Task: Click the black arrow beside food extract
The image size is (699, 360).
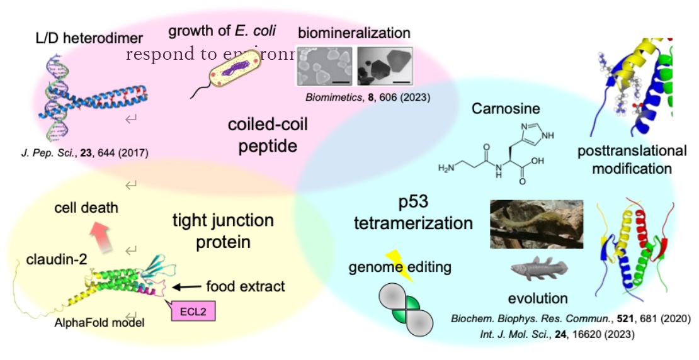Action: [185, 287]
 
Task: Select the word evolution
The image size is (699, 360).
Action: [538, 298]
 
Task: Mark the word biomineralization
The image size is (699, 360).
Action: [354, 33]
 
